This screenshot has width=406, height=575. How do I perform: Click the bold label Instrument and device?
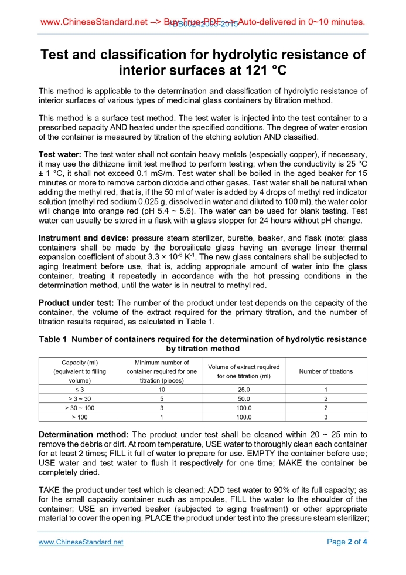click(x=84, y=238)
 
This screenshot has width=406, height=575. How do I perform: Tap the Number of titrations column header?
click(x=326, y=371)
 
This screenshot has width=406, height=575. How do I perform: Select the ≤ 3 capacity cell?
click(x=80, y=389)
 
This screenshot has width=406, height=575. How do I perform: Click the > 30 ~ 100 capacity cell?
click(x=80, y=407)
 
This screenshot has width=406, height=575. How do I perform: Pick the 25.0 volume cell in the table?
click(x=244, y=389)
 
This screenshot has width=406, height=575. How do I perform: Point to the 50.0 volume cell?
click(x=244, y=398)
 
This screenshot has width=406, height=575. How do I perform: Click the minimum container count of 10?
click(x=161, y=389)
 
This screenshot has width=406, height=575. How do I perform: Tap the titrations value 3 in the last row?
click(x=326, y=417)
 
